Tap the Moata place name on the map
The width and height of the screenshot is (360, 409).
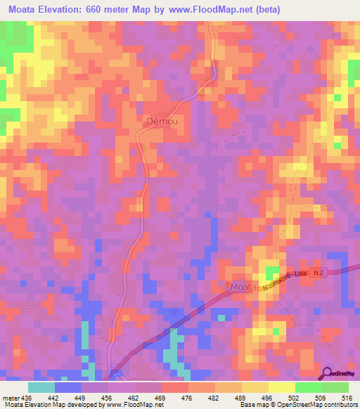[x=243, y=287]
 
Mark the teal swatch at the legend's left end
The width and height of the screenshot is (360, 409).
[x=41, y=388]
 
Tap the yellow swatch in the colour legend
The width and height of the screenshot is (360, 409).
[x=281, y=388]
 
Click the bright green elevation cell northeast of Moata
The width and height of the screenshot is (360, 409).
[x=271, y=273]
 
